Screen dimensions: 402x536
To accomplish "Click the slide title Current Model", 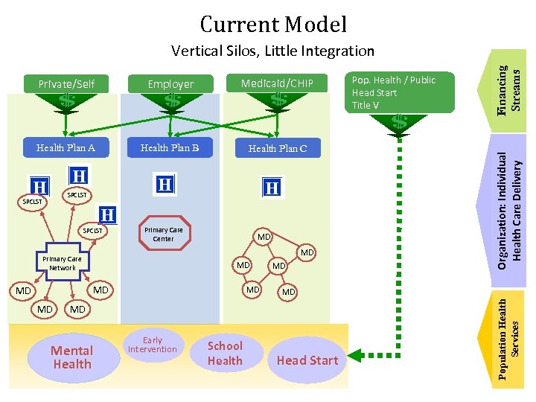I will pos(273,25).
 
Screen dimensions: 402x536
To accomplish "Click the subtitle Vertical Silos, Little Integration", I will pos(272,51).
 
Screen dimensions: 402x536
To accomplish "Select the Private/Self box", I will pos(66,83).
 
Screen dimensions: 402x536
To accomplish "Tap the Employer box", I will pos(170,84).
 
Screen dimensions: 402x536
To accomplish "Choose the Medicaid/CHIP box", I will pos(277,83).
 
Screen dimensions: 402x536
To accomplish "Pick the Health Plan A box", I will pos(66,147).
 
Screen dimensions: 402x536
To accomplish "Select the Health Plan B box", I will pos(170,147).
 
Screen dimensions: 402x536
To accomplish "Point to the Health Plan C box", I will pos(277,148).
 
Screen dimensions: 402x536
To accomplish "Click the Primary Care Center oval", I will pos(163,234).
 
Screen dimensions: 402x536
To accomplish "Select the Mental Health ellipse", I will pos(72,357).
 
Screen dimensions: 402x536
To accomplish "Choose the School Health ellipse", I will pos(225,354).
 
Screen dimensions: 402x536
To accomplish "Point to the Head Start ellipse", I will pos(307,360).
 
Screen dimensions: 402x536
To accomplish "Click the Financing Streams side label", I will pos(513,88).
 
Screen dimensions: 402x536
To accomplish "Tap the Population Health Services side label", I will pos(512,339).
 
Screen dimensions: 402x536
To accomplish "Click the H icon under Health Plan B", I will pos(165,183).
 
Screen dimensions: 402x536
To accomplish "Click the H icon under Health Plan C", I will pos(273,188).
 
